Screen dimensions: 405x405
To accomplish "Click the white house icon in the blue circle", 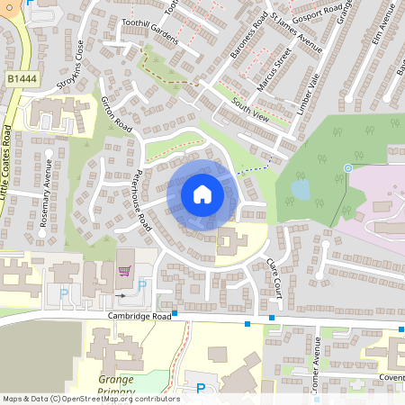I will pos(202,193).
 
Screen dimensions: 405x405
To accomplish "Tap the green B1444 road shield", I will pos(22,79).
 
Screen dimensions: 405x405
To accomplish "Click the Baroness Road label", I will pos(249,38).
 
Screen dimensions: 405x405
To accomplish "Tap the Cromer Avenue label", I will pos(317,369).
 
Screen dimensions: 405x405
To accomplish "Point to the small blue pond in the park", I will pos(300,189).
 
